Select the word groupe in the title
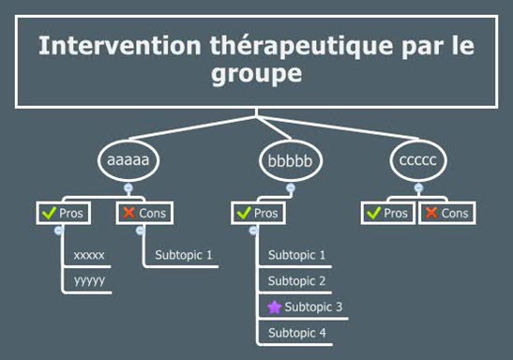coord(257,73)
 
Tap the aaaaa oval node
coord(128,160)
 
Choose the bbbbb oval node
coord(291,160)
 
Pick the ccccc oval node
coord(418,160)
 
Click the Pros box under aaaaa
coord(64,213)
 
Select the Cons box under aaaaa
coord(144,213)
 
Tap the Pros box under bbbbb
coord(258,213)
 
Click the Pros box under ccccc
coord(388,213)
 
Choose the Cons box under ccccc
coord(447,213)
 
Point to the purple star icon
coord(274,307)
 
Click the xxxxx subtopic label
coord(89,255)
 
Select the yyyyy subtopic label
coord(89,280)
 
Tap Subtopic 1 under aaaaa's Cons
coord(184,255)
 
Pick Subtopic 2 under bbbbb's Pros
coord(296,281)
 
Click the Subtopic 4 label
coord(297,333)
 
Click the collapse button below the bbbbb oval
coord(291,188)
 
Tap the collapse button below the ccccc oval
coord(418,188)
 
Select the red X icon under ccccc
coord(431,213)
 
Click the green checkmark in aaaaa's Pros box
coord(49,213)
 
